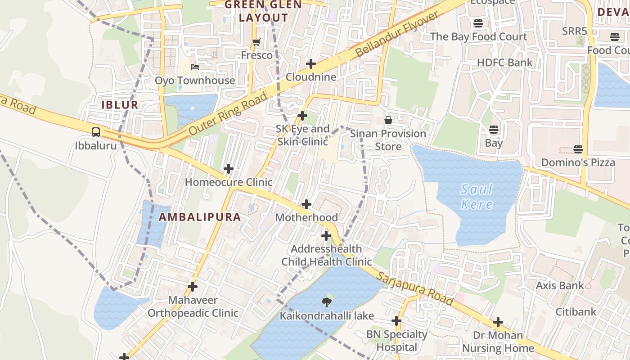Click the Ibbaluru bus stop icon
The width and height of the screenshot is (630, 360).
pyautogui.click(x=96, y=132)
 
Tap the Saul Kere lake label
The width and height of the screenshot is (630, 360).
pyautogui.click(x=477, y=197)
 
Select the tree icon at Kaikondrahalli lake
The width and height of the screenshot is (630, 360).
pyautogui.click(x=327, y=302)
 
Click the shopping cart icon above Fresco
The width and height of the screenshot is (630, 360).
pyautogui.click(x=256, y=42)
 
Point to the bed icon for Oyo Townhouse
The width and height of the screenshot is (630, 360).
pyautogui.click(x=195, y=67)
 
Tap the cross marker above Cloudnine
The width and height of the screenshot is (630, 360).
pyautogui.click(x=311, y=64)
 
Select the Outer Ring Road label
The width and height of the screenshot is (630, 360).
pyautogui.click(x=228, y=113)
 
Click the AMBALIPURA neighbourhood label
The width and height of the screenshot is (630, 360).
pyautogui.click(x=200, y=217)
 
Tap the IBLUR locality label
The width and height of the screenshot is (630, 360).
pyautogui.click(x=120, y=105)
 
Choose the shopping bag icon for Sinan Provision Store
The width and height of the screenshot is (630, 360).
pyautogui.click(x=388, y=120)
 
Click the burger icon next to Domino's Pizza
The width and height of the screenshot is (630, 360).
pyautogui.click(x=578, y=149)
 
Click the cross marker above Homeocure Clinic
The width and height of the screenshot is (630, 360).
pyautogui.click(x=229, y=169)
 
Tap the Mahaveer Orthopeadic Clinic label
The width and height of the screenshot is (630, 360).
pyautogui.click(x=193, y=306)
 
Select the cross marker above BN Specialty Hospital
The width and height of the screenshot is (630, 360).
pyautogui.click(x=396, y=321)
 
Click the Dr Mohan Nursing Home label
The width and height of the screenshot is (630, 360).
pyautogui.click(x=498, y=342)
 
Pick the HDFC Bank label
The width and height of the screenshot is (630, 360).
pyautogui.click(x=504, y=63)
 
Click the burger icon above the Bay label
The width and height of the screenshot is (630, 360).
pyautogui.click(x=494, y=130)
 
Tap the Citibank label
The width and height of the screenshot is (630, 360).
pyautogui.click(x=576, y=311)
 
